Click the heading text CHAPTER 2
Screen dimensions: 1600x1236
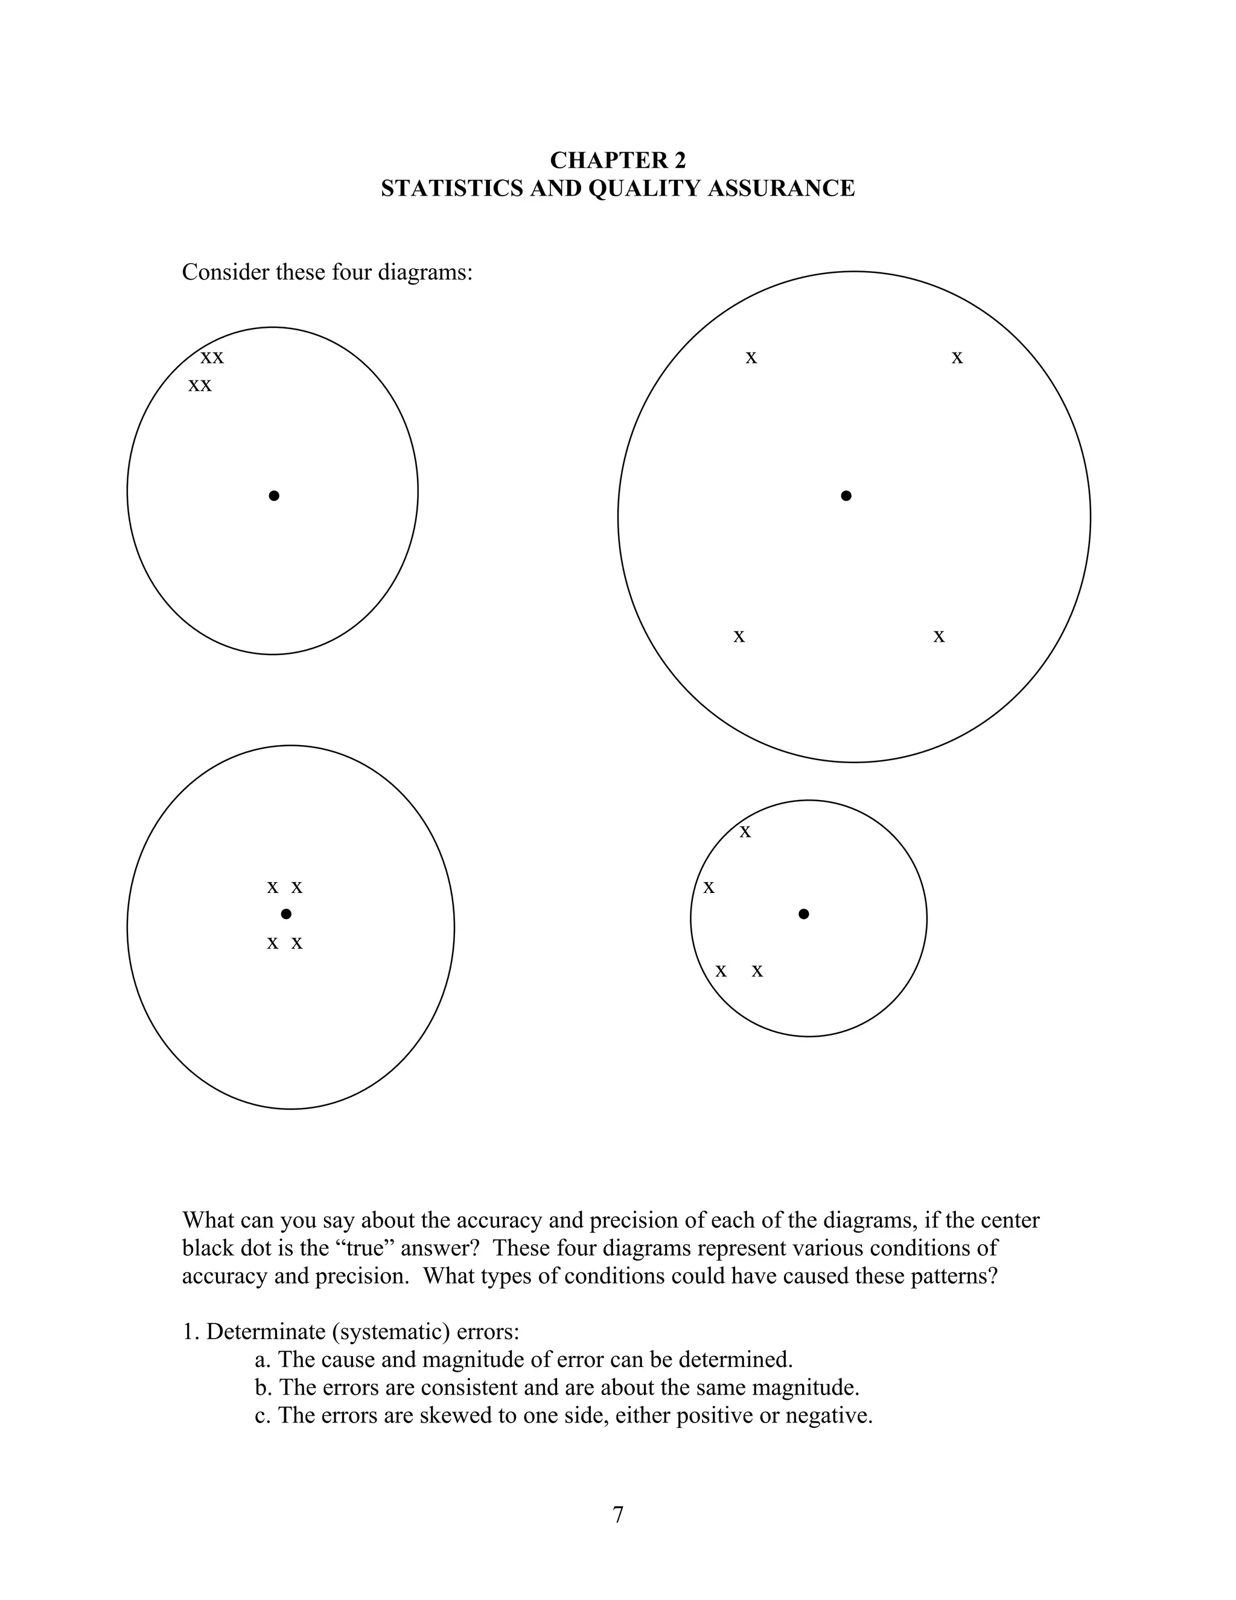(x=617, y=160)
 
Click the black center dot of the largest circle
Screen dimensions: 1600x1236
(x=846, y=496)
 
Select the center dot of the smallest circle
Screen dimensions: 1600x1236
(x=803, y=914)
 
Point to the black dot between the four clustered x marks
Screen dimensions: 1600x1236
(x=286, y=914)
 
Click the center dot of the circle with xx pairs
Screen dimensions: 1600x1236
(x=274, y=496)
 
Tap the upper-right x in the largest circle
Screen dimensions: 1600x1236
(x=957, y=358)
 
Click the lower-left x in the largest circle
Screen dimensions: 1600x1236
(x=739, y=636)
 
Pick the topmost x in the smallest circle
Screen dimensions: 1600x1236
(x=745, y=832)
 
